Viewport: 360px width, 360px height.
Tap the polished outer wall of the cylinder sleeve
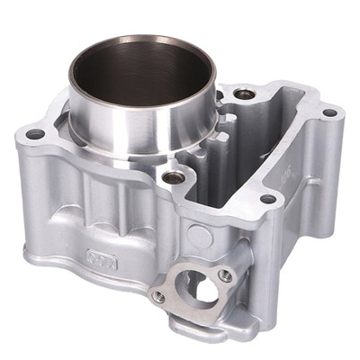(x=135, y=126)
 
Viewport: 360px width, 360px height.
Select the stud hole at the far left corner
(x=35, y=134)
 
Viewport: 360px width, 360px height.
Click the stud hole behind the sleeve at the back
(x=243, y=93)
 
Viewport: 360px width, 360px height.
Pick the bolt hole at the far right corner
(x=328, y=113)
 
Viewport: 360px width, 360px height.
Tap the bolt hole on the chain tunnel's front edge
(x=267, y=199)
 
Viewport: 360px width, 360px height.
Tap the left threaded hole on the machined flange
(x=159, y=295)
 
